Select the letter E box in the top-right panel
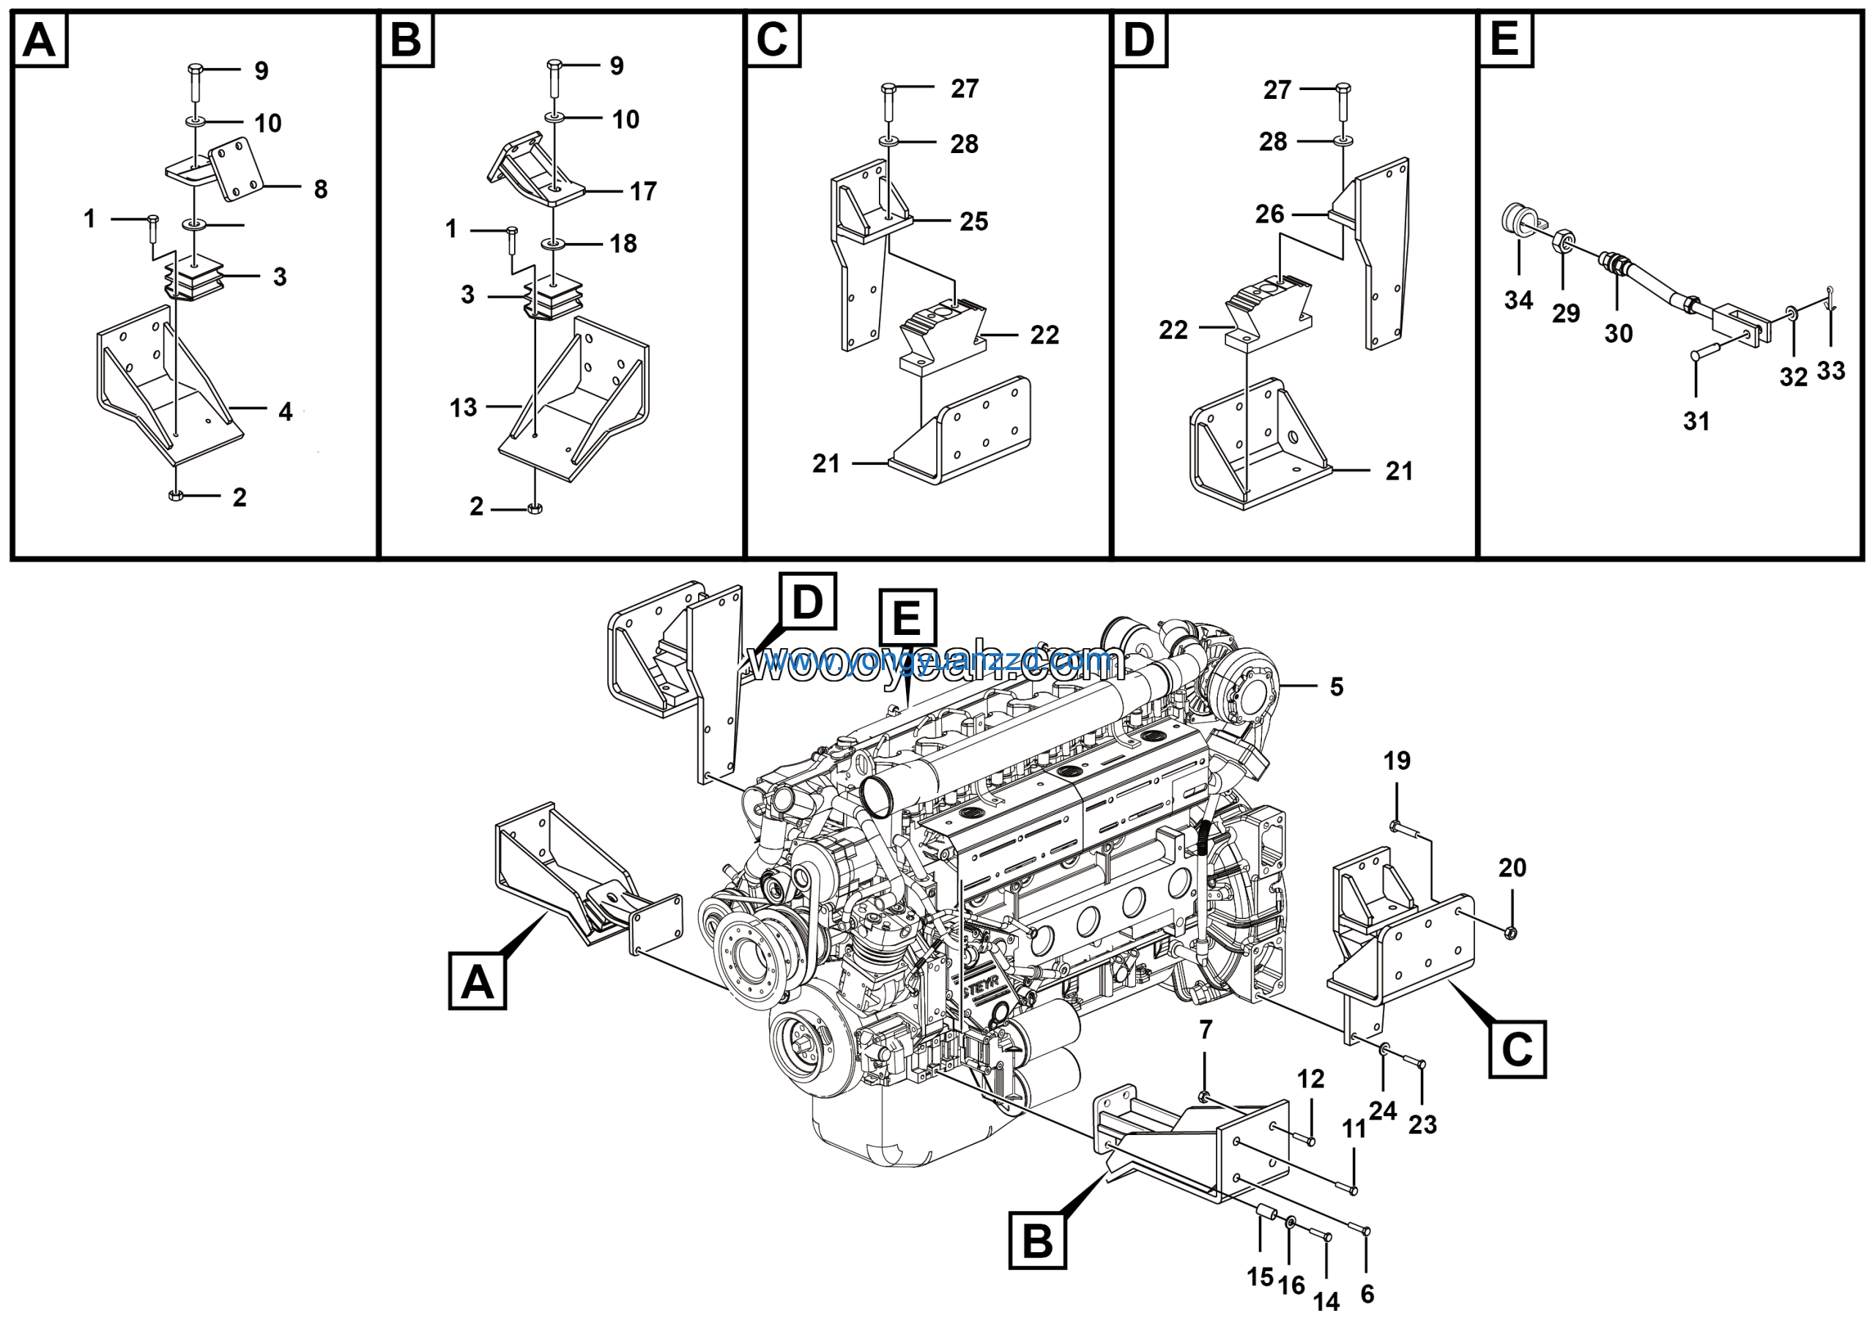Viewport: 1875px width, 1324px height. point(1505,40)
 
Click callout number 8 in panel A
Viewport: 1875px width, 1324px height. point(321,190)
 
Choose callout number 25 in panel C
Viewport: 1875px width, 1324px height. point(973,221)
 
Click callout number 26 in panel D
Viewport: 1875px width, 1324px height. point(1270,214)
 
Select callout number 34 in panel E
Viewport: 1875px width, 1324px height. point(1518,300)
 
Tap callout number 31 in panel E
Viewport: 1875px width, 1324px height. point(1696,421)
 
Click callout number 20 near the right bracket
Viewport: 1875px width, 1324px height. point(1512,868)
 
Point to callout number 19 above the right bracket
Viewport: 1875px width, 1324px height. point(1397,761)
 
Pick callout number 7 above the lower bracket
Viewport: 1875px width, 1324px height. point(1206,1030)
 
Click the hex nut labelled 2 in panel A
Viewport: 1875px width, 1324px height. point(176,496)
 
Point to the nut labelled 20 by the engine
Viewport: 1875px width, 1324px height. point(1511,932)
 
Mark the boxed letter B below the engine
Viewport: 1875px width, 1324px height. point(1037,1241)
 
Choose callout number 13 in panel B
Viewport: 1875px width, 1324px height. point(463,407)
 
